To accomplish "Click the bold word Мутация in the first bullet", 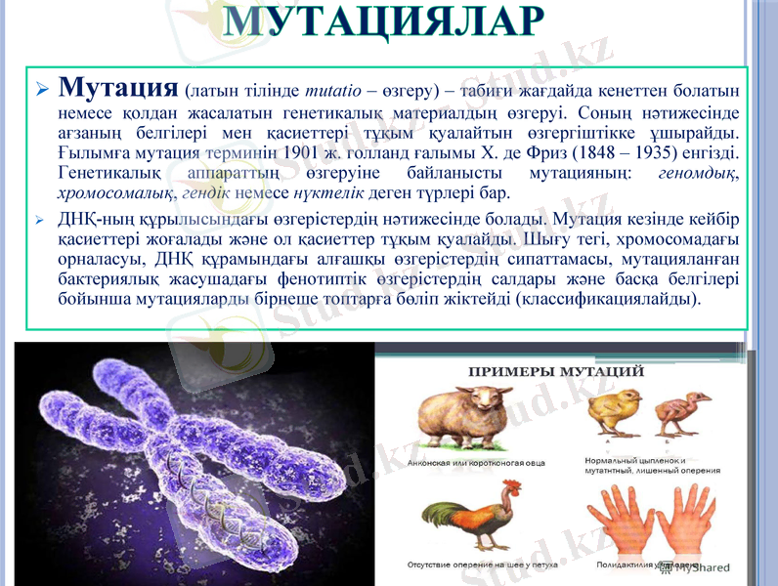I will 117,88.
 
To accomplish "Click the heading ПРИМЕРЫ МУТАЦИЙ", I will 556,372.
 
